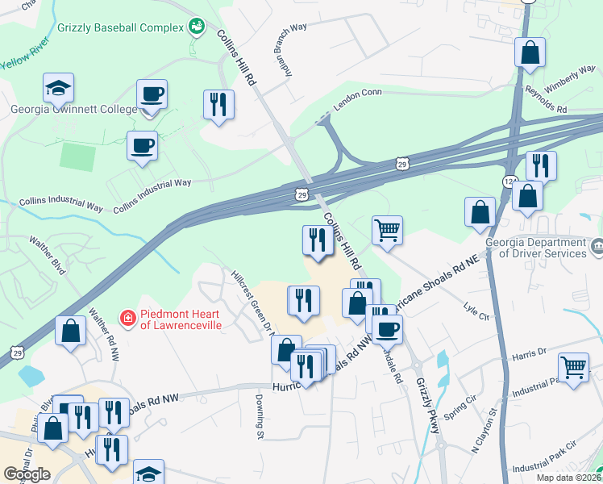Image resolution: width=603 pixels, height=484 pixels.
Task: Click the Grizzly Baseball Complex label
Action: click(120, 27)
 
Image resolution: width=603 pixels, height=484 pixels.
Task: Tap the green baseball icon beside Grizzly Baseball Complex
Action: click(195, 27)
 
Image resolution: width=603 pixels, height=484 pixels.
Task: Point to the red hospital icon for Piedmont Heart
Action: click(127, 319)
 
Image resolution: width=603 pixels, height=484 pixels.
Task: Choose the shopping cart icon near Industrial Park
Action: click(573, 368)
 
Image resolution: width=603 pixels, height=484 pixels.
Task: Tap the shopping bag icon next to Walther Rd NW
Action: click(71, 331)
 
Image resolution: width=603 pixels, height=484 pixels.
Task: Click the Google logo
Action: click(27, 474)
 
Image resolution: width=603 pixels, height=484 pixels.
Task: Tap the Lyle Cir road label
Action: click(477, 311)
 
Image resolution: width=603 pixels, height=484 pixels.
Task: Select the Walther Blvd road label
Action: click(46, 254)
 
